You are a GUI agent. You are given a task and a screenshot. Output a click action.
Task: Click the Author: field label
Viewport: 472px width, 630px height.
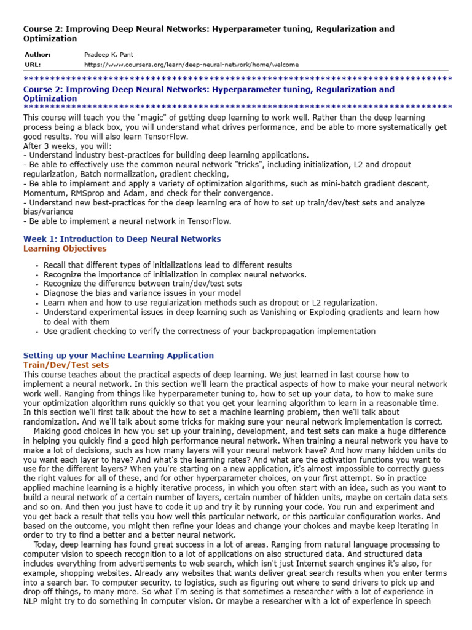click(x=37, y=54)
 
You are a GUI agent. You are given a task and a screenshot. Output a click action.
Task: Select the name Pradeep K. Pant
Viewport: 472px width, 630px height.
click(x=109, y=54)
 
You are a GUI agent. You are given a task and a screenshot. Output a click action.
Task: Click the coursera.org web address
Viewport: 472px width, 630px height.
click(x=183, y=64)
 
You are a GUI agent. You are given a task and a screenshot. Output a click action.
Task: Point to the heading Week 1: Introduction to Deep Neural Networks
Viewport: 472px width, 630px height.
click(x=122, y=239)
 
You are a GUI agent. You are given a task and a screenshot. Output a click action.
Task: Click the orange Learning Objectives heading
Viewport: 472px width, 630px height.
click(x=65, y=249)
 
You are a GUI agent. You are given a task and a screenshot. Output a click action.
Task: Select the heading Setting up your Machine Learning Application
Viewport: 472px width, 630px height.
click(x=118, y=355)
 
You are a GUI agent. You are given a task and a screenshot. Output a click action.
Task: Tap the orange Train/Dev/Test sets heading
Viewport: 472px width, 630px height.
click(x=66, y=365)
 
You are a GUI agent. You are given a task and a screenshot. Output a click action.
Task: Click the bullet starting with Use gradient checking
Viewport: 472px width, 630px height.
click(x=209, y=331)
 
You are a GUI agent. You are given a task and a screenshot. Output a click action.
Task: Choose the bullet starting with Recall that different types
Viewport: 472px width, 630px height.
click(x=168, y=265)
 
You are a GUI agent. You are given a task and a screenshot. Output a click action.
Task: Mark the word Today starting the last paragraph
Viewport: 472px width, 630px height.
click(x=45, y=544)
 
